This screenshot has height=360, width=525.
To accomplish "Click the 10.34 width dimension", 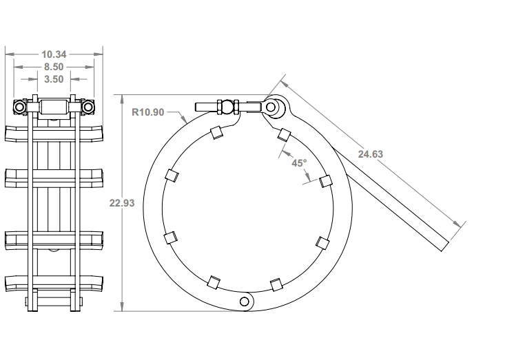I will tap(54, 54).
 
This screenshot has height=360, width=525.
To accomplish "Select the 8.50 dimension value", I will tap(54, 67).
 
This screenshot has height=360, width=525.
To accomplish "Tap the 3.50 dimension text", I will tap(54, 79).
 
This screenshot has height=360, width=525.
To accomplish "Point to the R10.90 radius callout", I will tap(148, 112).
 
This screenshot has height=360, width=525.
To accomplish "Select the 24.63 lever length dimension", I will tap(370, 154).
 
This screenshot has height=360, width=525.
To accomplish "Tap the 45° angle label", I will tap(299, 163).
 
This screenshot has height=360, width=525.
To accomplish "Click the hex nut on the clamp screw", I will tap(227, 107).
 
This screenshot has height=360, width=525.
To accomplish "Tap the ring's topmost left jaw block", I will tap(215, 132).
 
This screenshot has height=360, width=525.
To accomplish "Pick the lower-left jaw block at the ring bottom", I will tap(214, 282).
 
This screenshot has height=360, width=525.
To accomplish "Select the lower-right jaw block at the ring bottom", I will tap(276, 284).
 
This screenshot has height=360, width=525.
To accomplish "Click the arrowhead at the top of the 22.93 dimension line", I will tap(122, 97).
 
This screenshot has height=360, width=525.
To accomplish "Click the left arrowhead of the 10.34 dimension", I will tap(8, 54).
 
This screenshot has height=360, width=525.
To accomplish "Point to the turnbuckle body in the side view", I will tap(54, 107).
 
